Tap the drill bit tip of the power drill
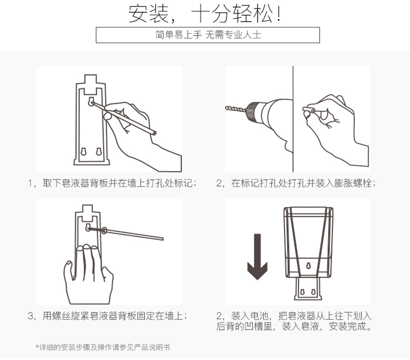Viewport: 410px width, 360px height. pyautogui.click(x=226, y=107)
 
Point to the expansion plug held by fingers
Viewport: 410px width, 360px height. pyautogui.click(x=309, y=109)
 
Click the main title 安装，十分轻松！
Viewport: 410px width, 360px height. pyautogui.click(x=204, y=13)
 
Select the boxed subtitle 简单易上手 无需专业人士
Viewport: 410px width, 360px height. pyautogui.click(x=208, y=35)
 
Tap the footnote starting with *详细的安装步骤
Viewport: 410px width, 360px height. pyautogui.click(x=103, y=348)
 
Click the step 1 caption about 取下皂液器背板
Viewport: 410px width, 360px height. pyautogui.click(x=112, y=183)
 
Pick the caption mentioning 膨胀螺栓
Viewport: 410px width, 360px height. pyautogui.click(x=296, y=183)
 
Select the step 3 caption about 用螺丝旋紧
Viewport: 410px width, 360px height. pyautogui.click(x=107, y=316)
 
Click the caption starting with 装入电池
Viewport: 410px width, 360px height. pyautogui.click(x=294, y=321)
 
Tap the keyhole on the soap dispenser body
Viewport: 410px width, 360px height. pyautogui.click(x=309, y=266)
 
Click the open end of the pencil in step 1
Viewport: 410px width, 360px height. pyautogui.click(x=154, y=133)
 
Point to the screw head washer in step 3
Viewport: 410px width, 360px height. pyautogui.click(x=104, y=231)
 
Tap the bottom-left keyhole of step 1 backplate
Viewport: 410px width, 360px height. pyautogui.click(x=84, y=151)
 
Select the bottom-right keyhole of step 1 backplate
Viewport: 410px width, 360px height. pyautogui.click(x=99, y=151)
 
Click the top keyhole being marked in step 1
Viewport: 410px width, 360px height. pyautogui.click(x=91, y=102)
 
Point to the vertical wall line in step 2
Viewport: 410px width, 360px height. pyautogui.click(x=293, y=119)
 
